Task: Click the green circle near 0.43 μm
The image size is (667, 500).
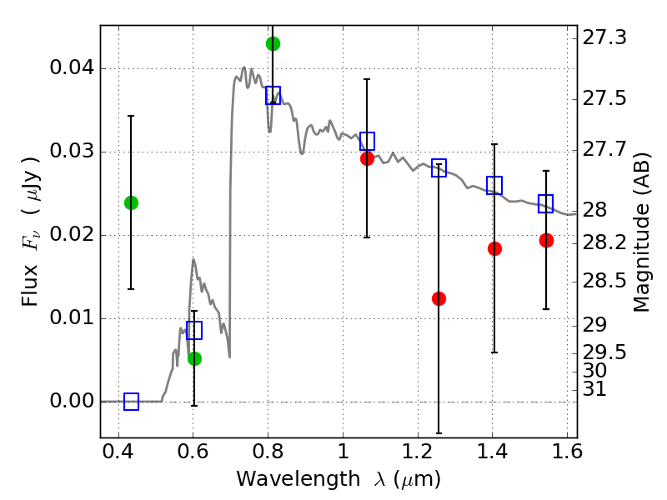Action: click(131, 202)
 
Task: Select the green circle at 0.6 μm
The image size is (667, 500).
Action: click(194, 358)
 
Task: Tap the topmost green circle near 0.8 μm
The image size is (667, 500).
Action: click(273, 43)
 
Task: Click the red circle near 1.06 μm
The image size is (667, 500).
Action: click(367, 158)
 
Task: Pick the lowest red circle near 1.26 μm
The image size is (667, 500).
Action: click(439, 298)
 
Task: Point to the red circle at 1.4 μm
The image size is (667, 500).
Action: click(494, 248)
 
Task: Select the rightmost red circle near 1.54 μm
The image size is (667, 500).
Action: click(546, 240)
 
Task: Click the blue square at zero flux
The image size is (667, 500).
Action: click(131, 402)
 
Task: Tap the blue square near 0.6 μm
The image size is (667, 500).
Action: click(194, 330)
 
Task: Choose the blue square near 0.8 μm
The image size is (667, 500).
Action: click(273, 95)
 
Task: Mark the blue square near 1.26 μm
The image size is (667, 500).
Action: click(439, 168)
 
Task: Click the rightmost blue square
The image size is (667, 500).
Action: click(546, 203)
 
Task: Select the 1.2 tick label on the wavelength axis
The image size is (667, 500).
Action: click(417, 455)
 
